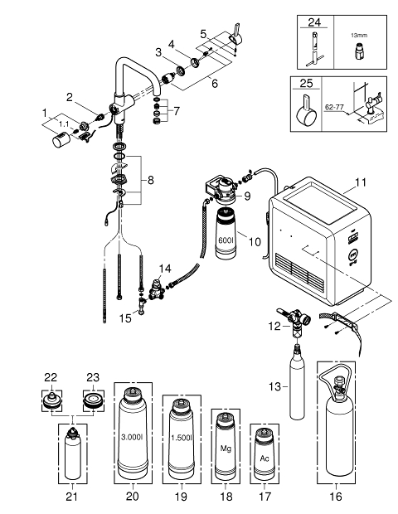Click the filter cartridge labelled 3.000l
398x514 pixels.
(x=133, y=434)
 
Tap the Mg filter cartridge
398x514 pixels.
(x=226, y=447)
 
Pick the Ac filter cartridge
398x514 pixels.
(x=265, y=454)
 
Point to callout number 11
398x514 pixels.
(x=361, y=182)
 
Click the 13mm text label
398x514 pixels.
(x=359, y=35)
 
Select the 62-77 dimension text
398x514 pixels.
(x=334, y=107)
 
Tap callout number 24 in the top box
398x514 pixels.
(x=314, y=22)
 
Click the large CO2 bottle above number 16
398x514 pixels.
(x=336, y=426)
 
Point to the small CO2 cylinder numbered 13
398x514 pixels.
(x=297, y=387)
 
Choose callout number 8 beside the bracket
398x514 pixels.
(x=150, y=180)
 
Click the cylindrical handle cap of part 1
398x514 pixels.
(x=61, y=140)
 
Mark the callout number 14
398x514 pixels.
(x=165, y=269)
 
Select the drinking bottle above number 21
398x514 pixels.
(x=72, y=453)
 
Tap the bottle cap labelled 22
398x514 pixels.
(x=51, y=400)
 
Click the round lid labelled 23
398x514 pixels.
(x=94, y=400)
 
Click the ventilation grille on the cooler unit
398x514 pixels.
(x=301, y=270)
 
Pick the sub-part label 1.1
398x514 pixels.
(x=64, y=124)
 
